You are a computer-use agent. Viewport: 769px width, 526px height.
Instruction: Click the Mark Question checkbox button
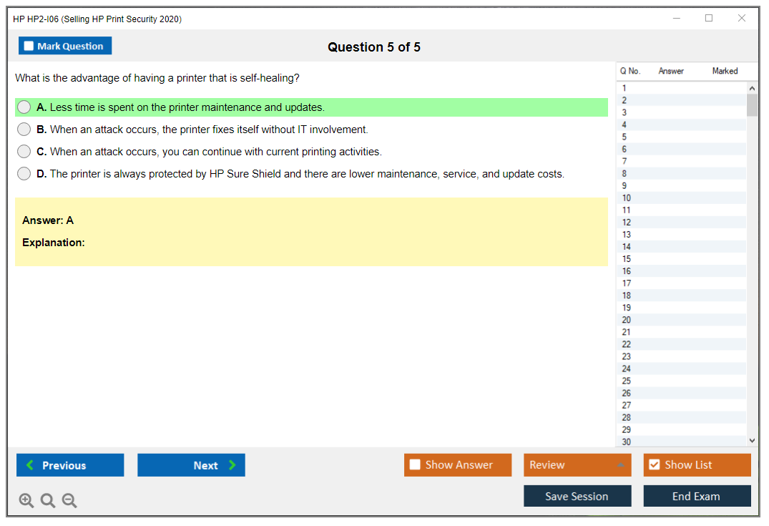click(64, 46)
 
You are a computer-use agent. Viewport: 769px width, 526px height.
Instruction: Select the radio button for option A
click(24, 107)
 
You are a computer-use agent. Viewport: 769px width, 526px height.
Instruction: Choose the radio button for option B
click(24, 129)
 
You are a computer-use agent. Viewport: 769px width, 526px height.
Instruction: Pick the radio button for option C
click(24, 151)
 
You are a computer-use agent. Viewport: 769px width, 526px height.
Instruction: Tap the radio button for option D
click(24, 173)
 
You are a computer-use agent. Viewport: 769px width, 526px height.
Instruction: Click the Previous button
click(70, 464)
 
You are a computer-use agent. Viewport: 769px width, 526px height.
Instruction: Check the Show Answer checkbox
click(415, 464)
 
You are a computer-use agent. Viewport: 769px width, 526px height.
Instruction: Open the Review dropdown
click(577, 464)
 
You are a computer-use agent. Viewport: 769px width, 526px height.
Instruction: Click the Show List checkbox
click(655, 464)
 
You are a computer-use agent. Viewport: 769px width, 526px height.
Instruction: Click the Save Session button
click(577, 496)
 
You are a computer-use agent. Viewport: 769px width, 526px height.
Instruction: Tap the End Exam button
click(697, 496)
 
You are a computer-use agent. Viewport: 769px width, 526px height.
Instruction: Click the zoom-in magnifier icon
click(26, 500)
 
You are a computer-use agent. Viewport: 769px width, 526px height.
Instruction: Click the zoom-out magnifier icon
click(69, 500)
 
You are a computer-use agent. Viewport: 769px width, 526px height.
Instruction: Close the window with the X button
click(742, 18)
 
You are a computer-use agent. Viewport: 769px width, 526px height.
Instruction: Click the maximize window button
click(709, 18)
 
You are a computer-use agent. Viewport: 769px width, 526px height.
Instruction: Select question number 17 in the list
click(626, 283)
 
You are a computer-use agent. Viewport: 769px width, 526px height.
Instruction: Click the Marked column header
click(725, 71)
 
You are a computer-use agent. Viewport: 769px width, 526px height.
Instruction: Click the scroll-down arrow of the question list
click(752, 441)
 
